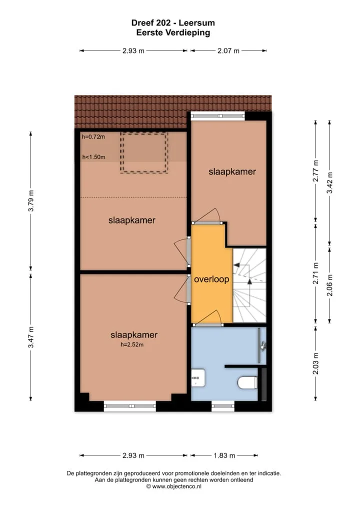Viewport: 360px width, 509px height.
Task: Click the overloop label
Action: point(211,279)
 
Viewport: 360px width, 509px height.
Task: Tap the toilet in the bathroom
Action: point(247,382)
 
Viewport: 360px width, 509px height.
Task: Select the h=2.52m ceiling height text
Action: point(132,344)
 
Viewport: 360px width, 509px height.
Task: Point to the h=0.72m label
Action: point(93,137)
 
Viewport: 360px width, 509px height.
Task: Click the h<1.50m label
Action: point(93,157)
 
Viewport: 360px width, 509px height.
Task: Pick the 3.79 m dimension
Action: point(31,201)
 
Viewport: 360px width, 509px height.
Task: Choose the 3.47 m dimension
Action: point(31,337)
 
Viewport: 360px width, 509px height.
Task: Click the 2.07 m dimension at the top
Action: point(228,50)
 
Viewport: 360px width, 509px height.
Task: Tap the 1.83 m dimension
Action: point(224,455)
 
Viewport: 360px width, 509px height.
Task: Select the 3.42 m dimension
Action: point(329,183)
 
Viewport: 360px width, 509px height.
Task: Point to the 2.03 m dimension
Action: point(315,363)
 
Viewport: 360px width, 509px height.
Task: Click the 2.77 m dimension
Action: point(315,171)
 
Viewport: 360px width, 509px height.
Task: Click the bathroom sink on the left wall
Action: point(198,378)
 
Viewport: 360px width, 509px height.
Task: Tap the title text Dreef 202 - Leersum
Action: point(173,22)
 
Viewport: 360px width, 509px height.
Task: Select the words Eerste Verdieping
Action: point(173,32)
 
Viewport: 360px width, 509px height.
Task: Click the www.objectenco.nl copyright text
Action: point(173,486)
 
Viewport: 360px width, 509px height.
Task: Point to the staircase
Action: point(249,285)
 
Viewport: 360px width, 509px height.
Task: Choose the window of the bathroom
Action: point(223,406)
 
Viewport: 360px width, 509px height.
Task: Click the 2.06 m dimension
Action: point(329,285)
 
